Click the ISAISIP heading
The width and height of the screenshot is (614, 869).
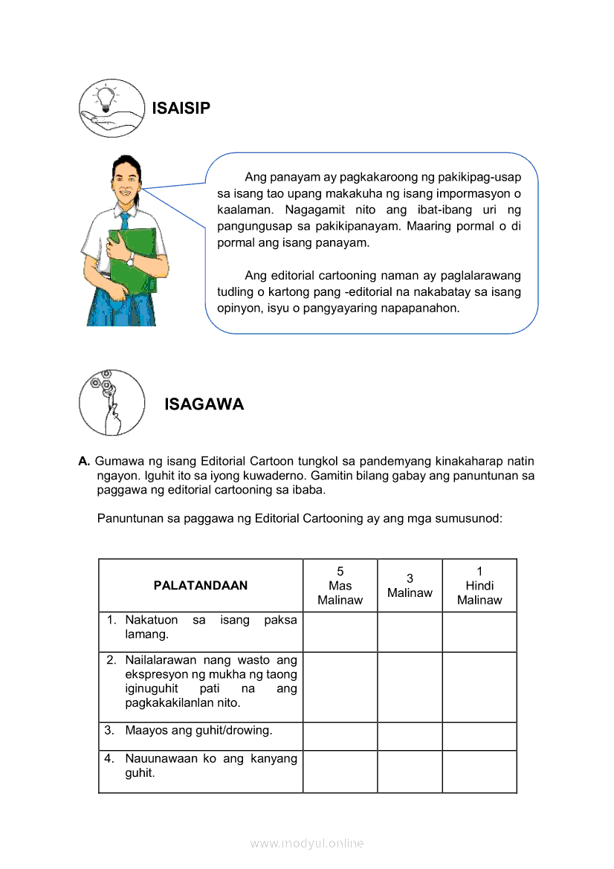181,109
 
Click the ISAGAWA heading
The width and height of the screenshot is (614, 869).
204,404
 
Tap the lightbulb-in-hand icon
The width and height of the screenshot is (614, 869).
111,109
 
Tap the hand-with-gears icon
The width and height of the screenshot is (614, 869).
112,402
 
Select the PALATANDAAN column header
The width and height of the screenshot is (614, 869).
201,585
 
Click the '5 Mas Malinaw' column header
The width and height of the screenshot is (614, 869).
340,585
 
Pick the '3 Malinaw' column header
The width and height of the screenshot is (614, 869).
410,585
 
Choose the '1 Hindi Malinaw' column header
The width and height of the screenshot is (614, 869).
479,585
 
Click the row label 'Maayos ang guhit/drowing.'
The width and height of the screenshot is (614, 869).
198,730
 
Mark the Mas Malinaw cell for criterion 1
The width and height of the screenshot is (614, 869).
340,632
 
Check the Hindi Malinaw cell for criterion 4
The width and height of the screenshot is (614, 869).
479,771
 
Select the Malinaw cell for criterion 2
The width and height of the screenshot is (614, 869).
410,687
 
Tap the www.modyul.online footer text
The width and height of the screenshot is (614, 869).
307,843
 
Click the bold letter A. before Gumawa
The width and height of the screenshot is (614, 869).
84,462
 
